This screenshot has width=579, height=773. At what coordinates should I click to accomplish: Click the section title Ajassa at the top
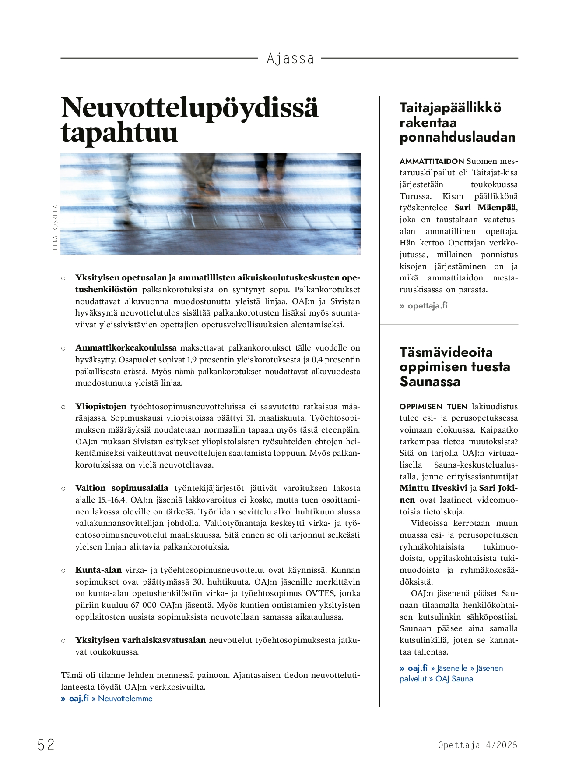pos(290,58)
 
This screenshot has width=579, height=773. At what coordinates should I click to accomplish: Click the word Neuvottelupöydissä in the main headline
pos(189,107)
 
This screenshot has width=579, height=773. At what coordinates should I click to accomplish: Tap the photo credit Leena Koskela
pos(55,229)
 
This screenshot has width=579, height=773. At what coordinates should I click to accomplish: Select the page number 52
pos(46,745)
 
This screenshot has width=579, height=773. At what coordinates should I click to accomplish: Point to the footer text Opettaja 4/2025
pos(477,745)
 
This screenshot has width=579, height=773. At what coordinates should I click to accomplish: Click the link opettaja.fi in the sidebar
pos(427,305)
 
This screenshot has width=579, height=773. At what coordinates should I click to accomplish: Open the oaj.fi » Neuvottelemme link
pos(110,699)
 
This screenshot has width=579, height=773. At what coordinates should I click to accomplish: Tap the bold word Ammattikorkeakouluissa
pos(126,348)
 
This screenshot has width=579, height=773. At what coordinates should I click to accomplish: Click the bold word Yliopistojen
pos(101,407)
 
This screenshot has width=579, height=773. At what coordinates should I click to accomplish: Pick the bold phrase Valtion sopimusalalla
pos(121,488)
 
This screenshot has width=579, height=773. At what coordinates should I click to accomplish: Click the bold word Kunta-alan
pos(98,570)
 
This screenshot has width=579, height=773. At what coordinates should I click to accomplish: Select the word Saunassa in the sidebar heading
pos(429,382)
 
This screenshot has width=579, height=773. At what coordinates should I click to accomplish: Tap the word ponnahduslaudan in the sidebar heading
pos(457,137)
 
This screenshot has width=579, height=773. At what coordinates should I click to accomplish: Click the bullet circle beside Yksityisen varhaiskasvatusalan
pos(63,640)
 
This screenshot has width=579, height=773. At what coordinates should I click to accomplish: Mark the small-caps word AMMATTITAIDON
pos(431,161)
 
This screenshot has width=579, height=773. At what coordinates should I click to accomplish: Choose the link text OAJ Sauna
pos(454,679)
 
